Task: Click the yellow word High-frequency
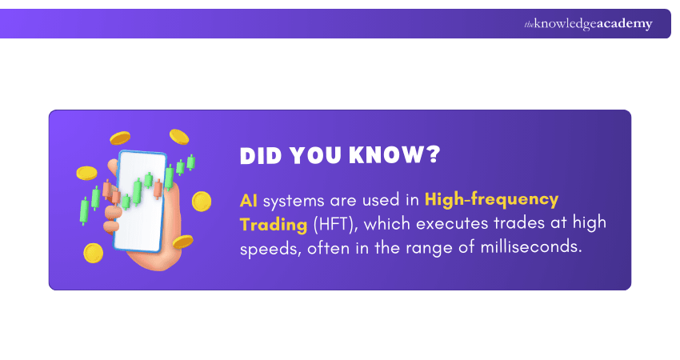pyautogui.click(x=492, y=199)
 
